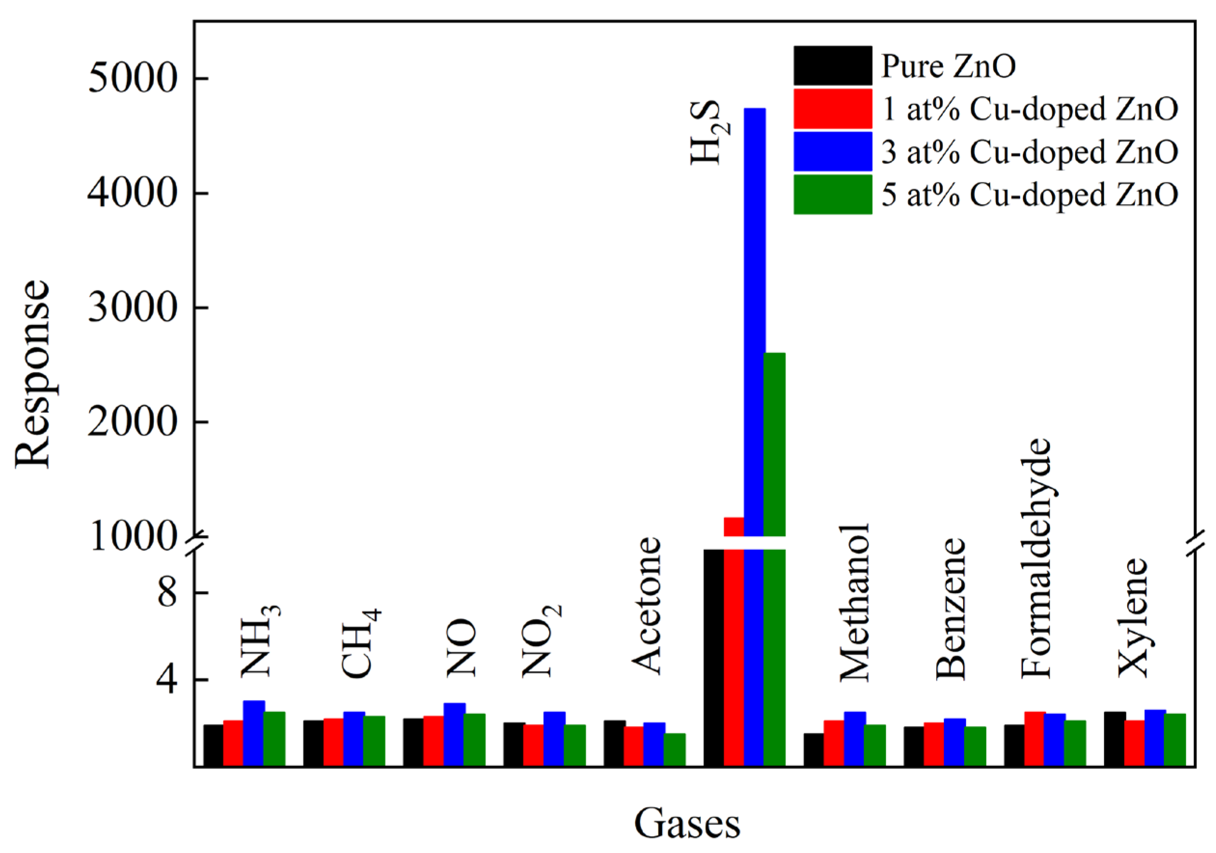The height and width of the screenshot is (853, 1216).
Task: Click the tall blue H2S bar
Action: pyautogui.click(x=754, y=317)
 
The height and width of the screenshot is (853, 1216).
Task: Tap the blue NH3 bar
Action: pyautogui.click(x=254, y=733)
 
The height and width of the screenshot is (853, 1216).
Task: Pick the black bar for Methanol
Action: pyautogui.click(x=814, y=749)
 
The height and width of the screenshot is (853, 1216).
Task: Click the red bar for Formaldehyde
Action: pyautogui.click(x=1035, y=739)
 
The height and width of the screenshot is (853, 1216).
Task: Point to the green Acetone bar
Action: pyautogui.click(x=674, y=749)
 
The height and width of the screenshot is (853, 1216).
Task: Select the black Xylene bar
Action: pyautogui.click(x=1114, y=739)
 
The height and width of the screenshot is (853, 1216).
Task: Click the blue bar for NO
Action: pyautogui.click(x=454, y=734)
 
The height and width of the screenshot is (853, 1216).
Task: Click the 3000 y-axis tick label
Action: pyautogui.click(x=131, y=308)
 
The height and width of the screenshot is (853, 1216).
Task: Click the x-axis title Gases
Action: pyautogui.click(x=687, y=824)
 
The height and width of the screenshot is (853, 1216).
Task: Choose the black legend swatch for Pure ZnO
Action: pyautogui.click(x=832, y=66)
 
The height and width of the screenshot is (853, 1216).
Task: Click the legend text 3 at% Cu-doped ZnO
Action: pyautogui.click(x=1029, y=152)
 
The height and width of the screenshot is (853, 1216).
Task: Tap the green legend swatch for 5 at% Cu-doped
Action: pyautogui.click(x=832, y=195)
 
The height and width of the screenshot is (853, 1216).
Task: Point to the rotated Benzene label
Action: pyautogui.click(x=951, y=609)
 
